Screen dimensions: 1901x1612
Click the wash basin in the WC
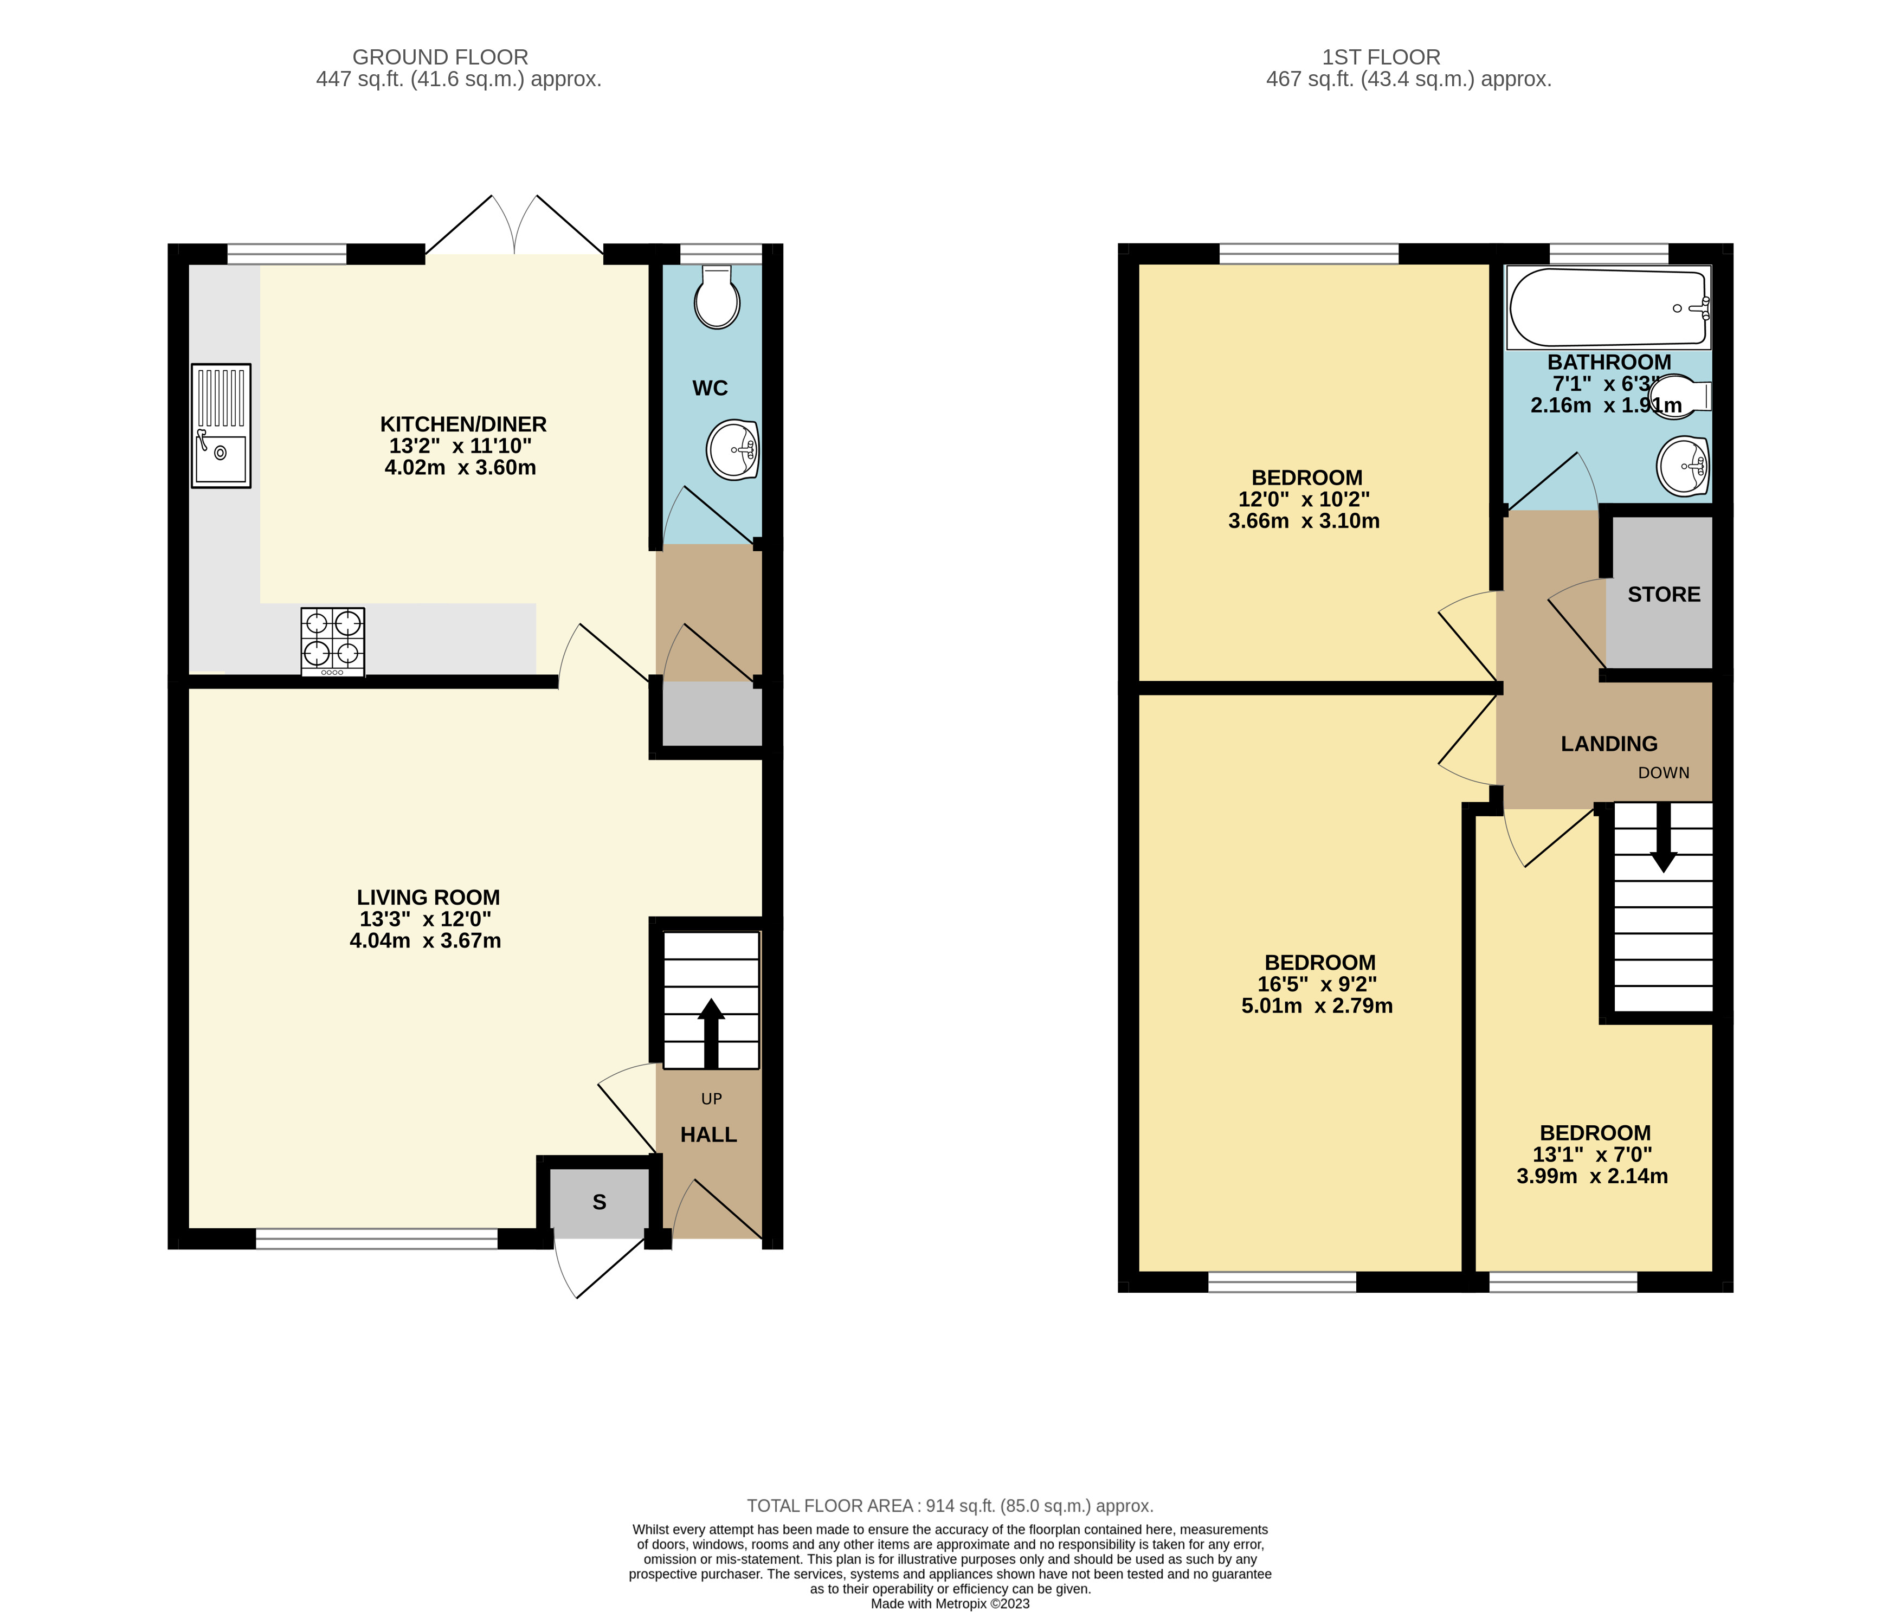coord(733,449)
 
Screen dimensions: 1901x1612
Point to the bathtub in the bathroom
coord(1608,308)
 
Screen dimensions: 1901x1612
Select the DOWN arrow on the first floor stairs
coord(1664,837)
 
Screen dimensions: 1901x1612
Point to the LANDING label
coord(1608,744)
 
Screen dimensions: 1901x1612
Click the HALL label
coord(708,1135)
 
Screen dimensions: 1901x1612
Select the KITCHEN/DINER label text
coord(463,424)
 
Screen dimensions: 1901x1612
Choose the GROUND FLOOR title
coord(441,57)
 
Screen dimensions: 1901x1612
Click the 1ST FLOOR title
coord(1381,57)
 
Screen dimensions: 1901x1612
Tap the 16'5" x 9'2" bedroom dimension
coord(1317,984)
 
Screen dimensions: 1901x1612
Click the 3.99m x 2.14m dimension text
coord(1592,1177)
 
